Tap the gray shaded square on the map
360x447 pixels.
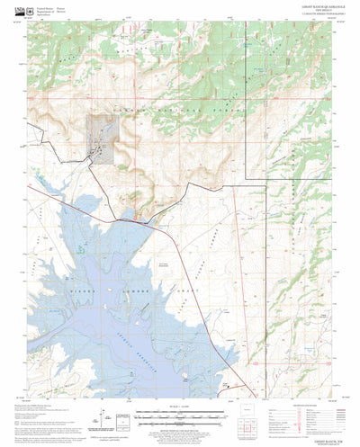pyautogui.click(x=100, y=139)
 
